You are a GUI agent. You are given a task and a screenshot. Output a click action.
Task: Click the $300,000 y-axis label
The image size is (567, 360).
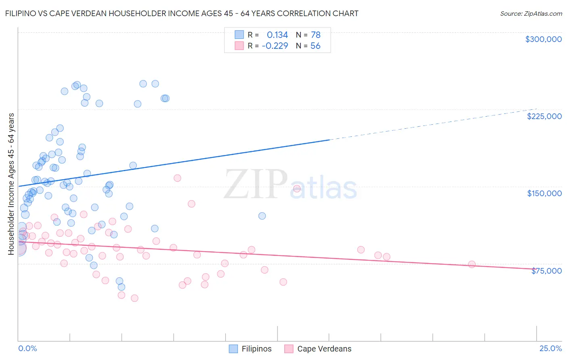(543, 39)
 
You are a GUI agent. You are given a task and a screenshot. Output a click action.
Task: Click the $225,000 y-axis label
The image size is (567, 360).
(544, 116)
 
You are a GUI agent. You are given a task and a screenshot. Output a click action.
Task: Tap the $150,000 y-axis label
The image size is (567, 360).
(544, 193)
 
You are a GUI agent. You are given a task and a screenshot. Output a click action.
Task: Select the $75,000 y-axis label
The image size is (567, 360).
(546, 271)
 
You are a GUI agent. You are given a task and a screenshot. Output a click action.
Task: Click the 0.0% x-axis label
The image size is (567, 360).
(27, 348)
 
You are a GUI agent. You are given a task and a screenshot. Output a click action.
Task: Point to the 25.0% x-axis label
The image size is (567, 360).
(550, 348)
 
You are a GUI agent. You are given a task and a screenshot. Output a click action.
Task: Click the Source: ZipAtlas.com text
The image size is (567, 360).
(531, 13)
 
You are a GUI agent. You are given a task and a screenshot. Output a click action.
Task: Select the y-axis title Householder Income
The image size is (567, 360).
(11, 184)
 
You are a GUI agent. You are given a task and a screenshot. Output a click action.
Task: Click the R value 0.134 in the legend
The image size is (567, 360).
(277, 35)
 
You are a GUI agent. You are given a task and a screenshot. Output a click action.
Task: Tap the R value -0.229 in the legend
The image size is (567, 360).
(275, 46)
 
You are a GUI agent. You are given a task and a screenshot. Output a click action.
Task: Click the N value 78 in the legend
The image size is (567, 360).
(315, 35)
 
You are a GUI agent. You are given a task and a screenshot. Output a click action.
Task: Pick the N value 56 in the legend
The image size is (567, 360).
(315, 46)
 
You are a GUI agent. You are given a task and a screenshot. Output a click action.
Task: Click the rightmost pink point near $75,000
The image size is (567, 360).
(471, 264)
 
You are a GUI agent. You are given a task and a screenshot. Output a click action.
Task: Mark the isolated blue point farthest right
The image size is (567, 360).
(262, 216)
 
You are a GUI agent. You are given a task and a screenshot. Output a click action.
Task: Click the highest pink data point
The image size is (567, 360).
(177, 178)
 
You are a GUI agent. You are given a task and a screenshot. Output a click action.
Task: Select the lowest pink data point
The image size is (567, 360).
(135, 298)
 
